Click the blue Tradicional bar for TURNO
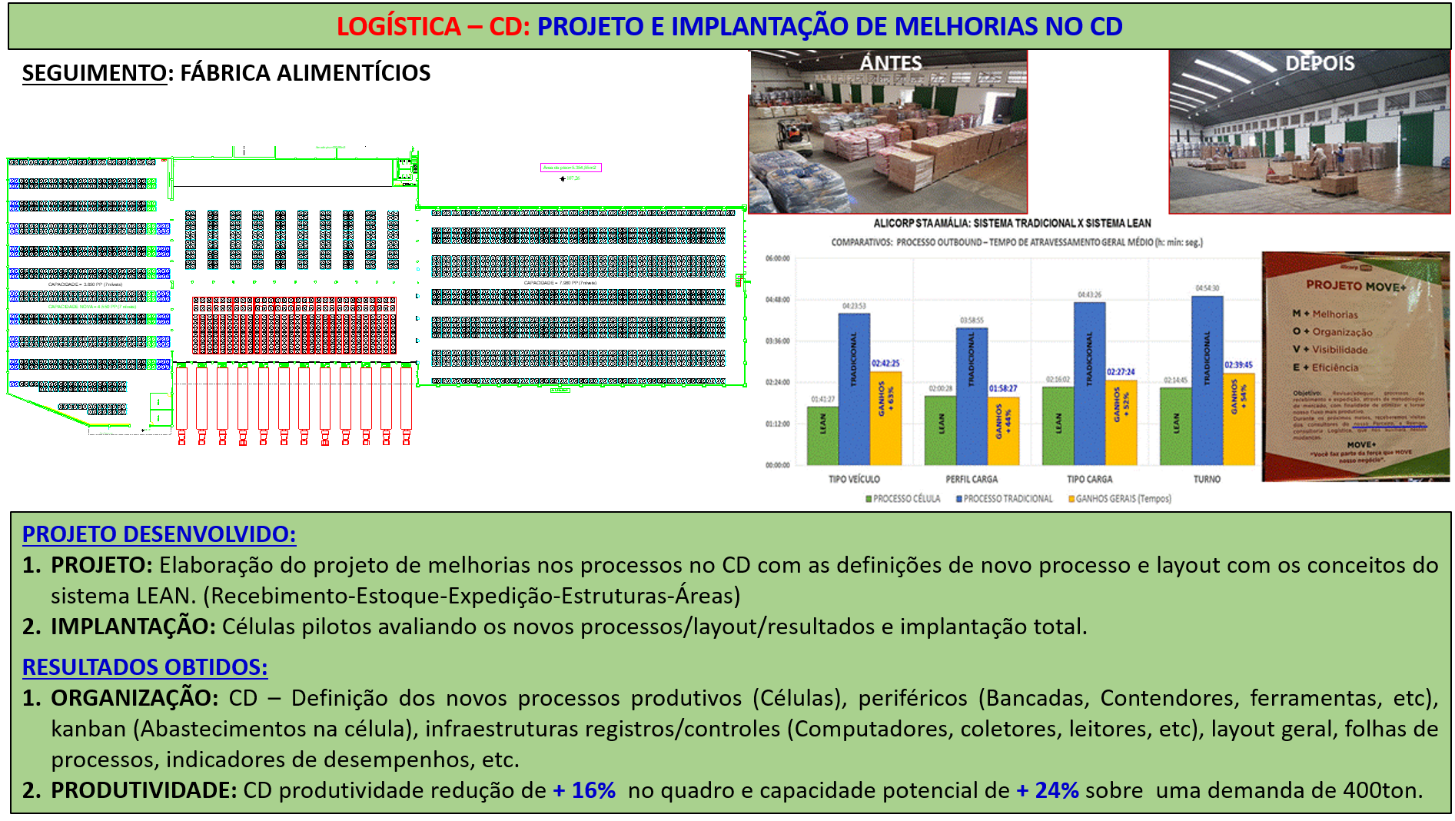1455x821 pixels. pyautogui.click(x=1207, y=381)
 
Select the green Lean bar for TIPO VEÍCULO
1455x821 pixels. pyautogui.click(x=822, y=435)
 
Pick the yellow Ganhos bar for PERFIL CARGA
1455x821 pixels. pyautogui.click(x=1004, y=430)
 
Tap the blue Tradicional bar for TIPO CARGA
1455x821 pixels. pyautogui.click(x=1089, y=384)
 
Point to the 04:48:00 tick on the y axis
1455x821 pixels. pyautogui.click(x=777, y=300)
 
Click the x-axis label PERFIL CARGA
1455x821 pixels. pyautogui.click(x=972, y=479)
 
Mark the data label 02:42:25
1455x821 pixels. pyautogui.click(x=885, y=364)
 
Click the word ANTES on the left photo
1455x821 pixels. pyautogui.click(x=890, y=63)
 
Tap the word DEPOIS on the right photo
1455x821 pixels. pyautogui.click(x=1320, y=63)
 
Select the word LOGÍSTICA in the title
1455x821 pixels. pyautogui.click(x=398, y=26)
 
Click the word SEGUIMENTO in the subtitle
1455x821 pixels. pyautogui.click(x=94, y=73)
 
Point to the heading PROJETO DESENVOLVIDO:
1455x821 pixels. pyautogui.click(x=159, y=534)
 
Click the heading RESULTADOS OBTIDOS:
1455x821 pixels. pyautogui.click(x=145, y=666)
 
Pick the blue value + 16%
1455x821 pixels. pyautogui.click(x=584, y=790)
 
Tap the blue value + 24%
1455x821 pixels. pyautogui.click(x=1048, y=790)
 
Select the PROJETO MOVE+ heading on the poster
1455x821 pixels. pyautogui.click(x=1356, y=286)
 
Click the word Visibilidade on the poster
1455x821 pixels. pyautogui.click(x=1340, y=350)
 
